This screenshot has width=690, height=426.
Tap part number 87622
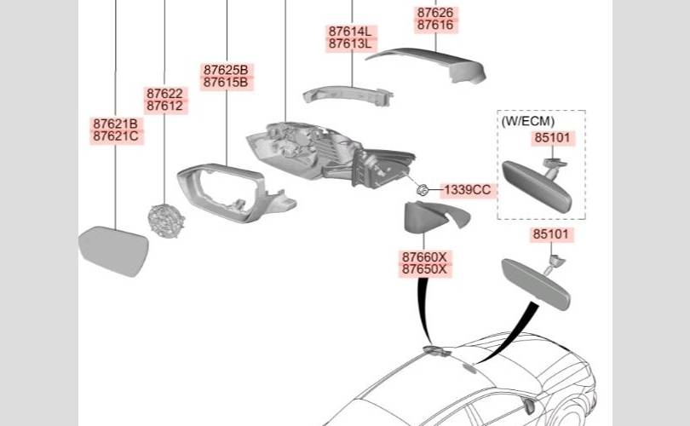pos(164,94)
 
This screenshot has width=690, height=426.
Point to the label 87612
pos(164,106)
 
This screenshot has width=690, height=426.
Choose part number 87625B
pos(225,69)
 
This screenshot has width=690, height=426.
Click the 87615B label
pos(225,82)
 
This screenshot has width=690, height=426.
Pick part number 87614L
pos(350,32)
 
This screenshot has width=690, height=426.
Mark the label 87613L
pos(350,44)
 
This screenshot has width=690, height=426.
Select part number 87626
pos(435,13)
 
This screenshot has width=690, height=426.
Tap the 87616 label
pos(435,26)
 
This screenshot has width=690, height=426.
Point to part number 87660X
pos(424,256)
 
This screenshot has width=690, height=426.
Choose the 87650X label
pos(424,268)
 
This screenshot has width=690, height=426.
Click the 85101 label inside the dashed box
pos(554,136)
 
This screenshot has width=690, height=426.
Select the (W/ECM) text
pos(526,121)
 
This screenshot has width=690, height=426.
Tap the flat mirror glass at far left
pos(113,250)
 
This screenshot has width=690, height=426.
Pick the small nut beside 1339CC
pos(421,188)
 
